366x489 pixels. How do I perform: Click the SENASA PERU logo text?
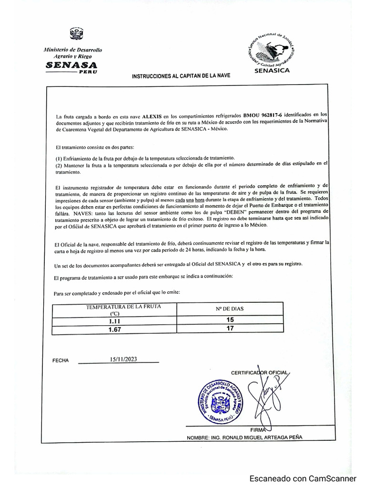click(71, 66)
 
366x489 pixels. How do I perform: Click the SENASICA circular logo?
click(271, 50)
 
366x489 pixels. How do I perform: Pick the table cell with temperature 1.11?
click(114, 321)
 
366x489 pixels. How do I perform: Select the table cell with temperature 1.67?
click(114, 330)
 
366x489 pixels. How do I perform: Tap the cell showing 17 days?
click(230, 329)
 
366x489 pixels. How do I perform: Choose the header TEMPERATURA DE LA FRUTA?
click(114, 310)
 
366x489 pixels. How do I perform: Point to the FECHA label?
click(61, 361)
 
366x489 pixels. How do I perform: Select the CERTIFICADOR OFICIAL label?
click(260, 372)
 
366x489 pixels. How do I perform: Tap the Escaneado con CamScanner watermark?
click(303, 478)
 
